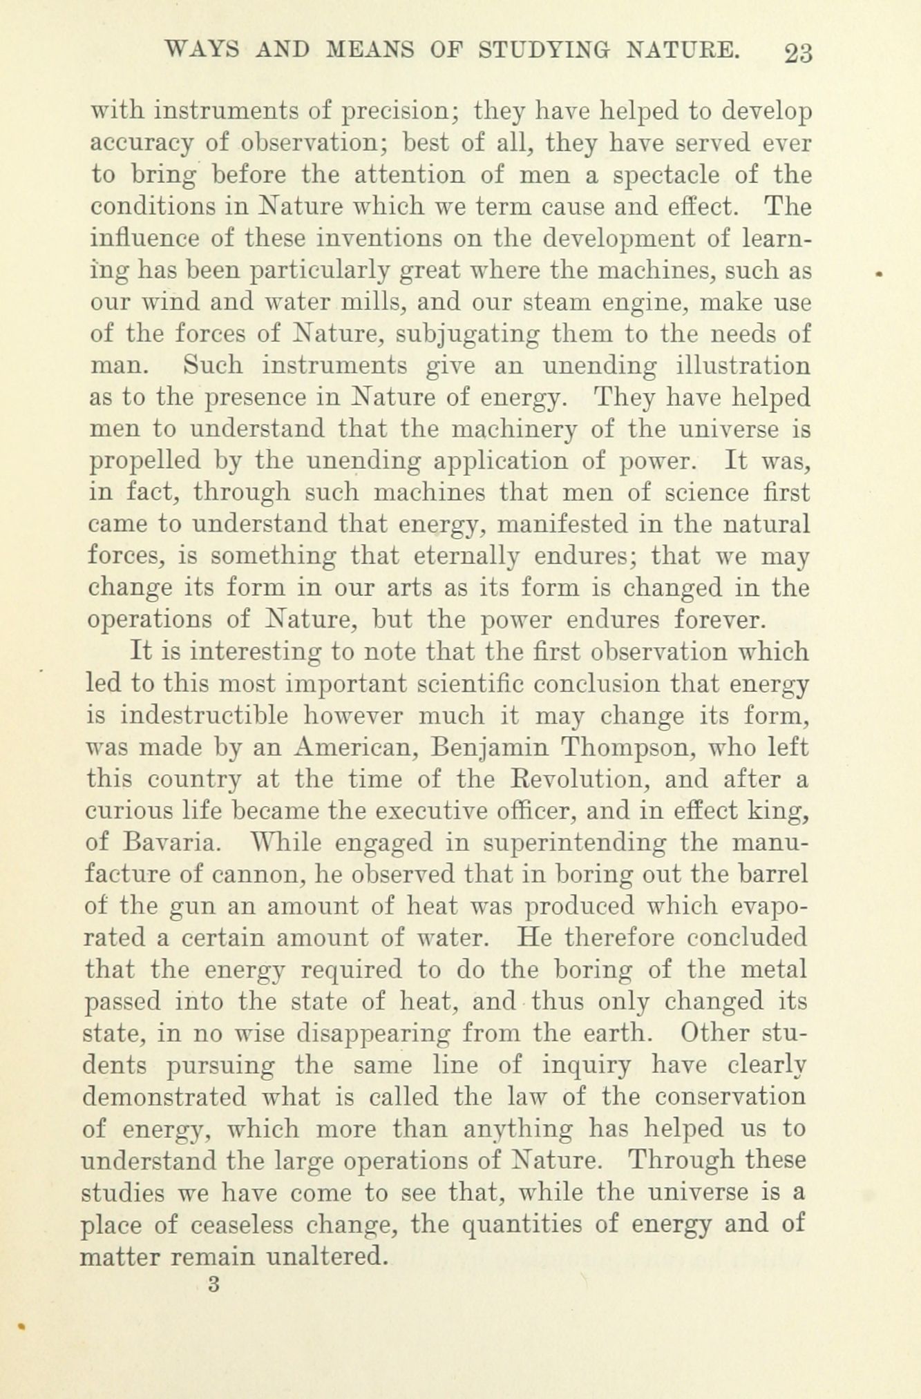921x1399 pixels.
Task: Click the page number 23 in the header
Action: tap(798, 53)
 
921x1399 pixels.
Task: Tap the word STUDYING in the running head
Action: tap(547, 50)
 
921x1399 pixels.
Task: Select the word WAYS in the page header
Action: tap(200, 50)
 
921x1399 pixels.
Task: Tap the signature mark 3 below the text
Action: tap(213, 1285)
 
